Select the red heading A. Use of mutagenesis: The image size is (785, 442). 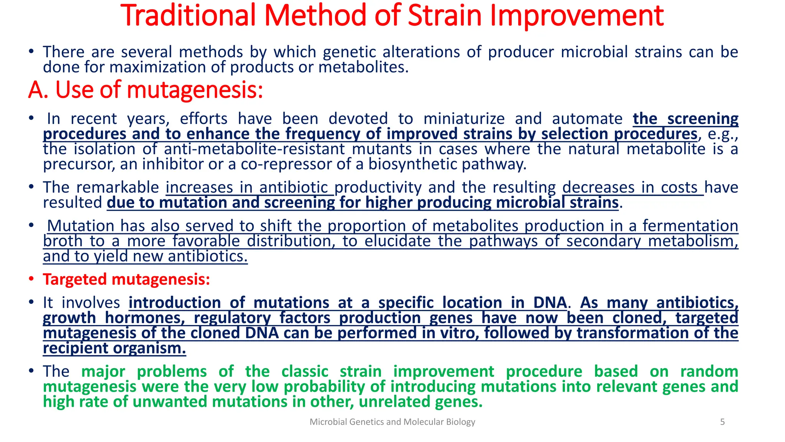pyautogui.click(x=146, y=90)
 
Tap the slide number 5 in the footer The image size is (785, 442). pyautogui.click(x=722, y=422)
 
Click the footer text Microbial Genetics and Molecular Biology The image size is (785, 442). pyautogui.click(x=392, y=422)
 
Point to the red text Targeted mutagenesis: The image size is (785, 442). pyautogui.click(x=126, y=279)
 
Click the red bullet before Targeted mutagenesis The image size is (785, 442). pyautogui.click(x=32, y=279)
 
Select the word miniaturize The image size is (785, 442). pyautogui.click(x=464, y=119)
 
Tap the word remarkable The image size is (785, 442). pyautogui.click(x=117, y=188)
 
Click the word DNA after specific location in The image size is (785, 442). pyautogui.click(x=550, y=303)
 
